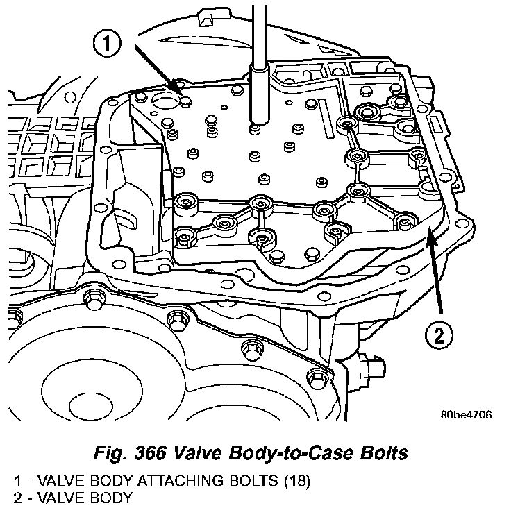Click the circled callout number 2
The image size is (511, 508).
click(x=438, y=337)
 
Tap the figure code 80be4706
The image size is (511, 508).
click(x=466, y=415)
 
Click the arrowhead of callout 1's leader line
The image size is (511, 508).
click(x=181, y=93)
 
